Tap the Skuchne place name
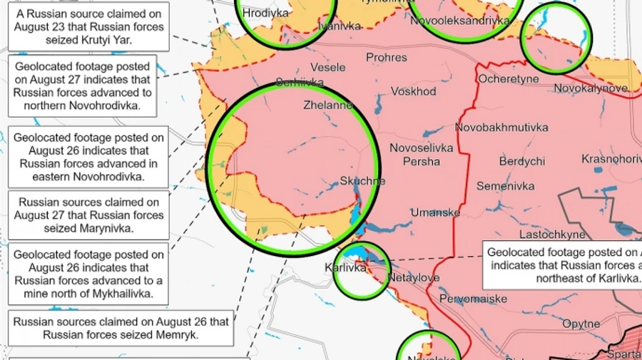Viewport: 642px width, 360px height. point(362,181)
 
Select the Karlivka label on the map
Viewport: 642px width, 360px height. point(345,268)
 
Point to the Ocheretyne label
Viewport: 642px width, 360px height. point(509,79)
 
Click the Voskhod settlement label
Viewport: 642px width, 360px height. point(413,92)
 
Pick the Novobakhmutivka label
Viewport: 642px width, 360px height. point(501,128)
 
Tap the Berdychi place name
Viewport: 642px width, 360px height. point(522,162)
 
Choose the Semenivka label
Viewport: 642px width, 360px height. point(505,187)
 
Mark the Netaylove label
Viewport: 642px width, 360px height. point(414,277)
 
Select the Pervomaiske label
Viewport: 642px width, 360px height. point(473,299)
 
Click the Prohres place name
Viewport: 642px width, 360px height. point(387,57)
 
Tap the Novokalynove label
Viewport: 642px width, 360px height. point(590,88)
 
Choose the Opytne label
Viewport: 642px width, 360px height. point(581,324)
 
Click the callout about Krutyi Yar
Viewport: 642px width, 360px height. point(89,26)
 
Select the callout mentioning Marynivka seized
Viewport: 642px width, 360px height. point(89,215)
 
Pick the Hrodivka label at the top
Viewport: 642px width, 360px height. point(266,13)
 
